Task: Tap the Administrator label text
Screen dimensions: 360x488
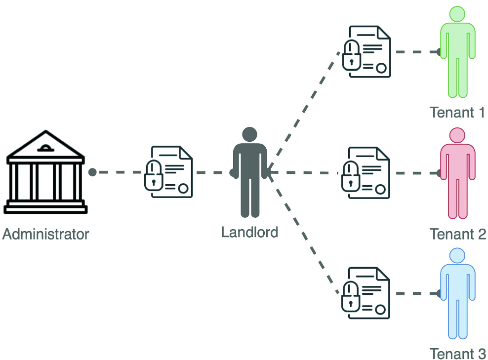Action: pyautogui.click(x=45, y=234)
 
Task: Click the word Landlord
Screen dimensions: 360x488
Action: pyautogui.click(x=249, y=232)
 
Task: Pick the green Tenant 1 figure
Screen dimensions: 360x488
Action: pyautogui.click(x=457, y=54)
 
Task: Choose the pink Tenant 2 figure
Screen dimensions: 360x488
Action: pyautogui.click(x=457, y=175)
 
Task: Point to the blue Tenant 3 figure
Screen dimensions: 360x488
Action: pyautogui.click(x=457, y=296)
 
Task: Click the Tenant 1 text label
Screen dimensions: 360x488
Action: pyautogui.click(x=457, y=113)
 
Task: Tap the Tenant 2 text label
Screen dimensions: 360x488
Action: pyautogui.click(x=457, y=234)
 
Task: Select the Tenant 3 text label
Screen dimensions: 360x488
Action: pyautogui.click(x=457, y=354)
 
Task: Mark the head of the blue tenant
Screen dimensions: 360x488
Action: pyautogui.click(x=457, y=255)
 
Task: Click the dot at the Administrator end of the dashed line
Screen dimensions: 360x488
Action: pyautogui.click(x=92, y=172)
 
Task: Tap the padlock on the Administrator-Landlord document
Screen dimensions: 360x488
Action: pyautogui.click(x=154, y=177)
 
